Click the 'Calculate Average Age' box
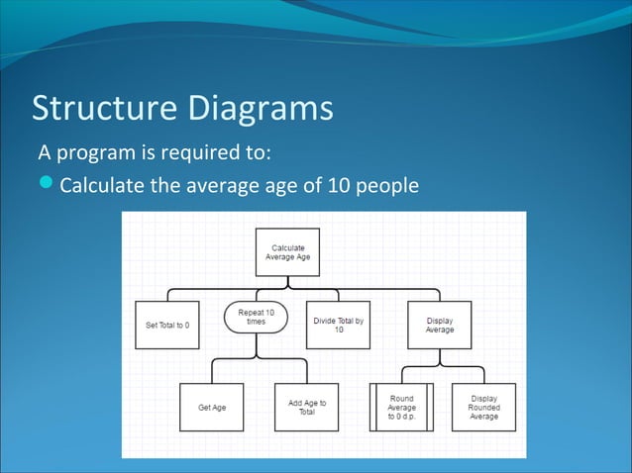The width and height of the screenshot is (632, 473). pyautogui.click(x=288, y=251)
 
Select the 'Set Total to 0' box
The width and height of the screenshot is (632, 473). pyautogui.click(x=166, y=325)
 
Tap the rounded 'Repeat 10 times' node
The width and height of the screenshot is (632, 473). pyautogui.click(x=256, y=317)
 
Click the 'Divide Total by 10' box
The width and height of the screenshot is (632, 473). pyautogui.click(x=338, y=325)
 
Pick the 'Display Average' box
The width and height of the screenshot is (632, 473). pyautogui.click(x=440, y=325)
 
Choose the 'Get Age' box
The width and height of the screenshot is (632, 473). pyautogui.click(x=212, y=407)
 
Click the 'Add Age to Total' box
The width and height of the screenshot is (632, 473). pyautogui.click(x=307, y=407)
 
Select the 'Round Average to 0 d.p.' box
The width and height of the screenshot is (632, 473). pyautogui.click(x=401, y=407)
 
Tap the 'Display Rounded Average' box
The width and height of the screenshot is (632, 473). pyautogui.click(x=483, y=407)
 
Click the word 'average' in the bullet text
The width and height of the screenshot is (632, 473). pyautogui.click(x=197, y=186)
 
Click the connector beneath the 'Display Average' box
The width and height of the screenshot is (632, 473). pyautogui.click(x=440, y=359)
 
